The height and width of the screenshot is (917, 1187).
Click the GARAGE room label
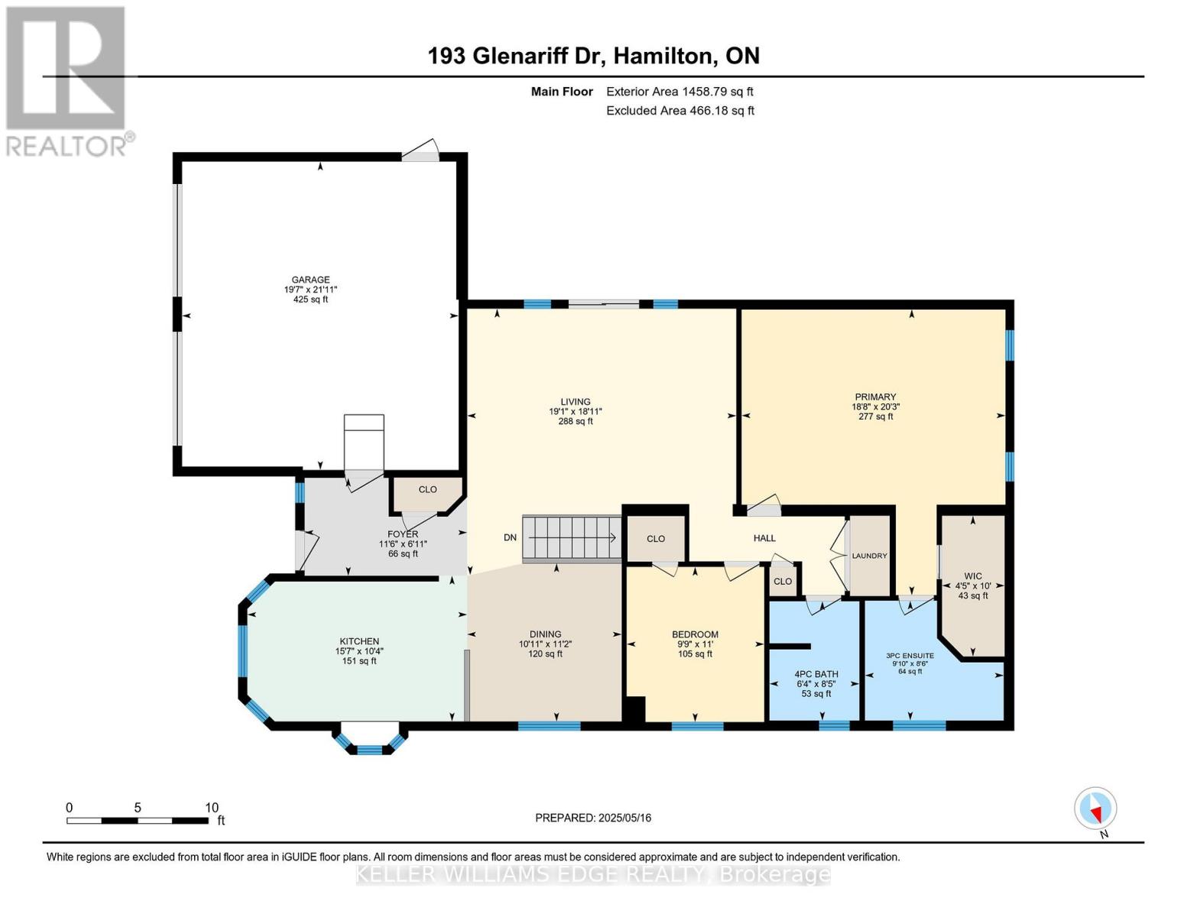point(310,280)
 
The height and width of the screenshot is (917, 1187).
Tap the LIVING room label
point(575,401)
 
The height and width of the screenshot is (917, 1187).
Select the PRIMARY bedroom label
point(875,397)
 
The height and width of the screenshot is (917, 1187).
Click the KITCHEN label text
point(359,641)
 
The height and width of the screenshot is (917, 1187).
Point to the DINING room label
point(545,634)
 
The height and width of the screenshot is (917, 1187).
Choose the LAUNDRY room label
point(870,556)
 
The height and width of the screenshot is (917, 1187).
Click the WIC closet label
point(973,576)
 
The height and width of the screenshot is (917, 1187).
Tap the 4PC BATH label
point(816,674)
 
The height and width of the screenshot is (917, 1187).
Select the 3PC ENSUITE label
point(910,656)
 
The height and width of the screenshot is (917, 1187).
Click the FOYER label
point(403,534)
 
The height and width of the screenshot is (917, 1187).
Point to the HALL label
point(764,538)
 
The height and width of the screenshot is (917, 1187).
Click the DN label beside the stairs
point(510,538)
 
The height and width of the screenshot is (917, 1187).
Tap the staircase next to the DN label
point(571,538)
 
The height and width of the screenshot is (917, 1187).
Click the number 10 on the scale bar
point(212,808)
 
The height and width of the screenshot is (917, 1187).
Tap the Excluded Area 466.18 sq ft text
point(679,111)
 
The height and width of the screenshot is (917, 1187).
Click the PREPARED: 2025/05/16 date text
point(593,818)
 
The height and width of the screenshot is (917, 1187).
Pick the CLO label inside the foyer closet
point(427,490)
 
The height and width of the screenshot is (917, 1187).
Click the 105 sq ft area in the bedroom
point(695,653)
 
